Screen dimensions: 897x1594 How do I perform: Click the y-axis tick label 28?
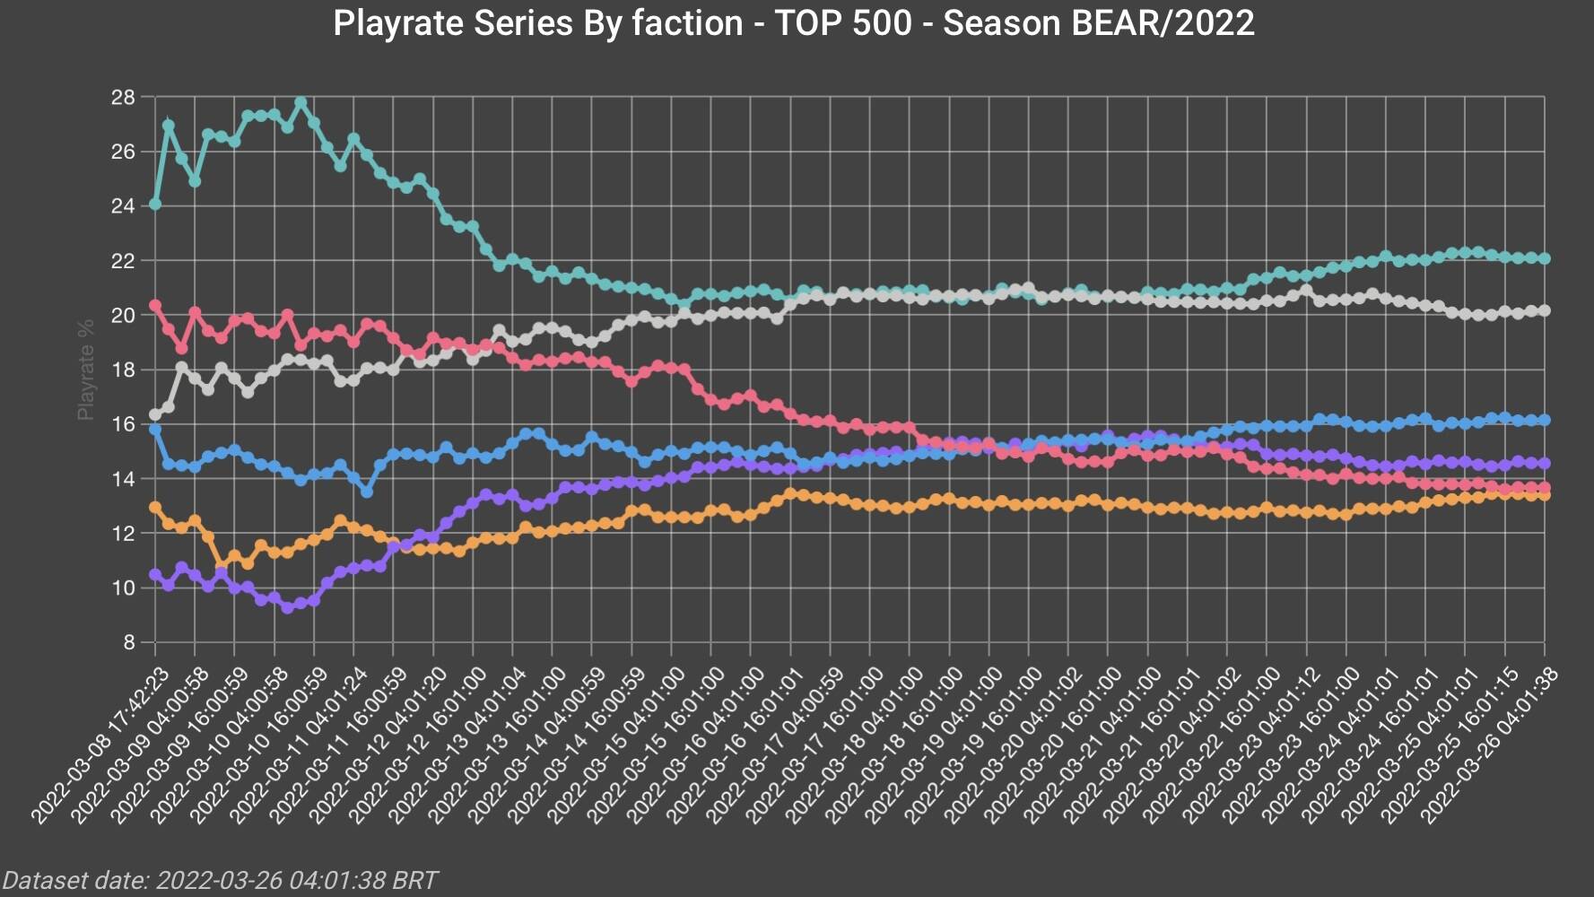pos(123,97)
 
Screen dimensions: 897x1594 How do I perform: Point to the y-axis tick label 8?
pos(128,643)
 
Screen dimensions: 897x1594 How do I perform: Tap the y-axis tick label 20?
pos(123,316)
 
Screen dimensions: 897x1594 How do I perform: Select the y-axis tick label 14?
pos(123,479)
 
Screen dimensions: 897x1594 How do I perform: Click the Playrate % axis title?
pos(86,370)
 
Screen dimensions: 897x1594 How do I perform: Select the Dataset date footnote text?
pos(221,880)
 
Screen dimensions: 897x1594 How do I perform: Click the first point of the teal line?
pos(155,205)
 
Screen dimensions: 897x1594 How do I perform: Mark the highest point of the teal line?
pos(301,103)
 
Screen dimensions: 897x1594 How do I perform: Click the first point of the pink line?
pos(155,306)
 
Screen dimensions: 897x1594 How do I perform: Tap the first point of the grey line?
pos(155,414)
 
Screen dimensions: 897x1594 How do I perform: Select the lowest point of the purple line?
pos(287,607)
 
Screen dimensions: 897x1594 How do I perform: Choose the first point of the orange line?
pos(155,508)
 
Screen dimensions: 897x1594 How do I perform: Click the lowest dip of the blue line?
pos(367,492)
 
